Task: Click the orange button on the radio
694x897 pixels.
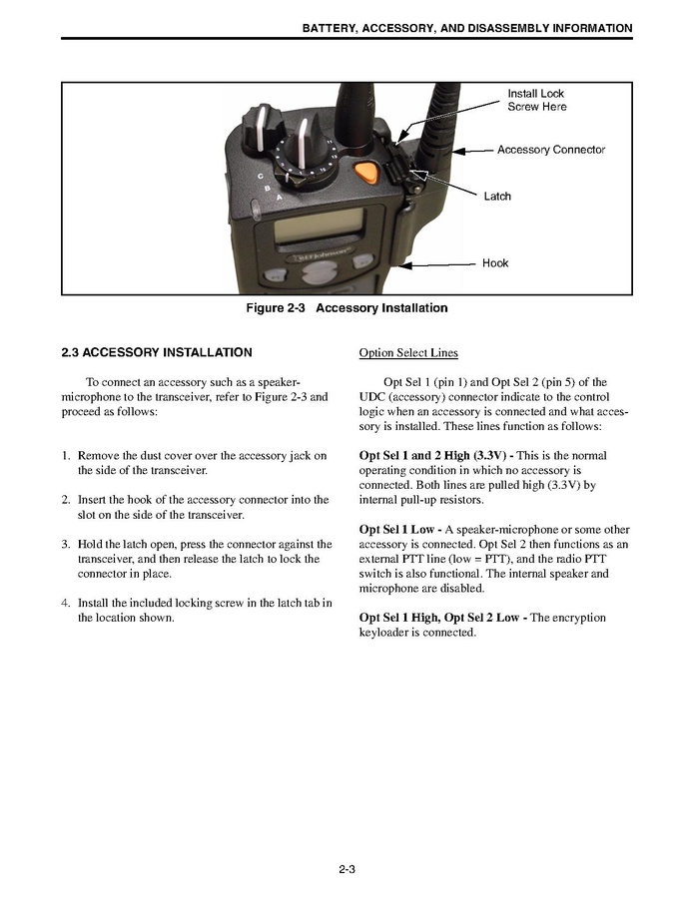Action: [366, 171]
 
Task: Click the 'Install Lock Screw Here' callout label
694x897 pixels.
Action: [536, 100]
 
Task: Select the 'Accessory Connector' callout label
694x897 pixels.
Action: [551, 150]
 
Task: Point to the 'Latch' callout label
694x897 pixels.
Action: [497, 197]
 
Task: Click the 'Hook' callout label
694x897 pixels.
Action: [495, 263]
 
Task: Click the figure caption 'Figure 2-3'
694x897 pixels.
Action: [277, 308]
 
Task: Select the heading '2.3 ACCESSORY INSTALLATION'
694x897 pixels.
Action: [157, 352]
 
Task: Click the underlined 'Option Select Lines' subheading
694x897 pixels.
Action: [407, 353]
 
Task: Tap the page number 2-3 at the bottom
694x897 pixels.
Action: [347, 870]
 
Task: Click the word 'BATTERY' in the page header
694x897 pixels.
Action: [329, 28]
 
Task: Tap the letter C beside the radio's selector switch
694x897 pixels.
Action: [262, 178]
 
